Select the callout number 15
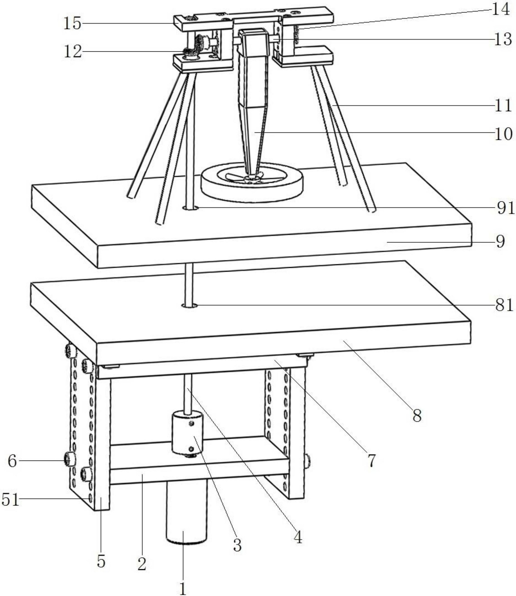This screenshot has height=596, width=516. (x=72, y=23)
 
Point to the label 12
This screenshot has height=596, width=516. (x=73, y=52)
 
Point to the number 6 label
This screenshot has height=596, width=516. (x=12, y=461)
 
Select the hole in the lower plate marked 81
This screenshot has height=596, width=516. (x=190, y=306)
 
